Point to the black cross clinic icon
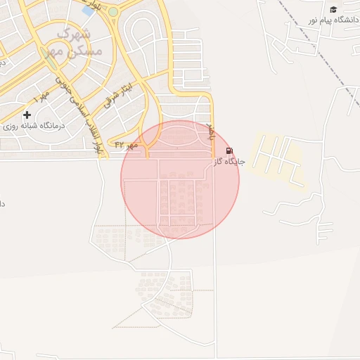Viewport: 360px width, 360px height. pos(27,115)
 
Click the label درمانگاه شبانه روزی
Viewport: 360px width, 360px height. pos(34,126)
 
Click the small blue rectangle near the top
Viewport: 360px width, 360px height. pos(88,10)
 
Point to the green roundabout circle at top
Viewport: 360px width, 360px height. pos(113,12)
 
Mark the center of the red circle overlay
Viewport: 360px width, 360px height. pos(180,179)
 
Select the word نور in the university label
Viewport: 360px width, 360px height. pos(312,20)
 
